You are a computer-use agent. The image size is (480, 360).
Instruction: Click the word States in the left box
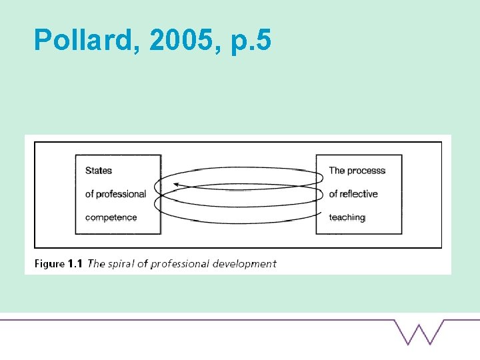pyautogui.click(x=99, y=171)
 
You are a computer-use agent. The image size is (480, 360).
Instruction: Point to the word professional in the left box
pyautogui.click(x=121, y=194)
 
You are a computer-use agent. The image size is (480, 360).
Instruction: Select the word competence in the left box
pyautogui.click(x=111, y=217)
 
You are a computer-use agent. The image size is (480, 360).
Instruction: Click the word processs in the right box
pyautogui.click(x=367, y=171)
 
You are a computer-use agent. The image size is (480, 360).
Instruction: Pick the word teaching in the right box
pyautogui.click(x=347, y=217)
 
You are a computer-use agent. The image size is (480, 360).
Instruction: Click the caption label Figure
pyautogui.click(x=49, y=263)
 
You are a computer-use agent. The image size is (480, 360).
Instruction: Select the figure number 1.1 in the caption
pyautogui.click(x=75, y=263)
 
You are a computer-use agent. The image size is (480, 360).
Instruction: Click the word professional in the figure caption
pyautogui.click(x=180, y=263)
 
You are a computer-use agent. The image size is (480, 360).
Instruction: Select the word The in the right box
pyautogui.click(x=337, y=171)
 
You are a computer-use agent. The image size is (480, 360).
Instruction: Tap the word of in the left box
pyautogui.click(x=89, y=194)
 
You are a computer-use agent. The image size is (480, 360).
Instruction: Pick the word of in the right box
pyautogui.click(x=333, y=194)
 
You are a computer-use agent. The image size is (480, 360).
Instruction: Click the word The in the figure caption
pyautogui.click(x=97, y=263)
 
